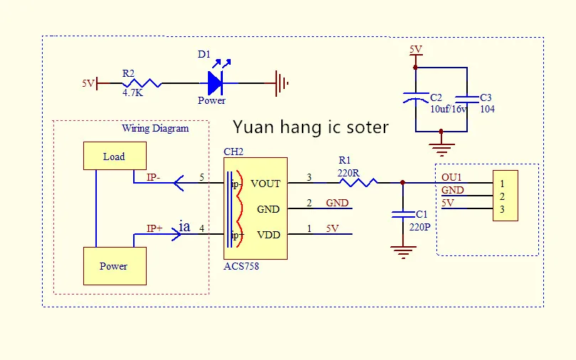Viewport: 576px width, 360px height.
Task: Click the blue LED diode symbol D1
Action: click(215, 83)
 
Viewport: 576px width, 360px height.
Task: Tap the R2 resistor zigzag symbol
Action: click(142, 83)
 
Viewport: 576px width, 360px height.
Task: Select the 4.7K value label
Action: click(132, 92)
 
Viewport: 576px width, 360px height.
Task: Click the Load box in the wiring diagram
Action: click(115, 156)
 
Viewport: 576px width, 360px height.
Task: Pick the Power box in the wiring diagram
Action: click(115, 266)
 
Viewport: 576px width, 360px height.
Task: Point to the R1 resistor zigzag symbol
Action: click(358, 182)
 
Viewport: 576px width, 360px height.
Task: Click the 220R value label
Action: click(348, 173)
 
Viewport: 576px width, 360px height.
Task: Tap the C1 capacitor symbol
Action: click(403, 215)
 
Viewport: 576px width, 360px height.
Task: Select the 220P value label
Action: click(419, 227)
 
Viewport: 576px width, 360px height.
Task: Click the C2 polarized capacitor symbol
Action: click(416, 97)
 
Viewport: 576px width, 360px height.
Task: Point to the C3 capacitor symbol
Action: click(467, 99)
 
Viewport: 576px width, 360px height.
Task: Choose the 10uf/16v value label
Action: click(449, 109)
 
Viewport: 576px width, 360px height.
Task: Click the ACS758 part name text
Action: click(241, 266)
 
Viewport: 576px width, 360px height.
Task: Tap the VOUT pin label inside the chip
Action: click(266, 184)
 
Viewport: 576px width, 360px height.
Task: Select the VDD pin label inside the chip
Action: click(268, 235)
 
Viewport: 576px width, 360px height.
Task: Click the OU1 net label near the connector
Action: click(451, 177)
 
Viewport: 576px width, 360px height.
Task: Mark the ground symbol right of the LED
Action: click(281, 83)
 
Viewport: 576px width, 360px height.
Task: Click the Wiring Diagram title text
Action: click(155, 129)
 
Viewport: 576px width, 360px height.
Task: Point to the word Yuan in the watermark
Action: click(253, 127)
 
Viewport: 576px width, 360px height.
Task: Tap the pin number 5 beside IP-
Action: click(201, 177)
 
